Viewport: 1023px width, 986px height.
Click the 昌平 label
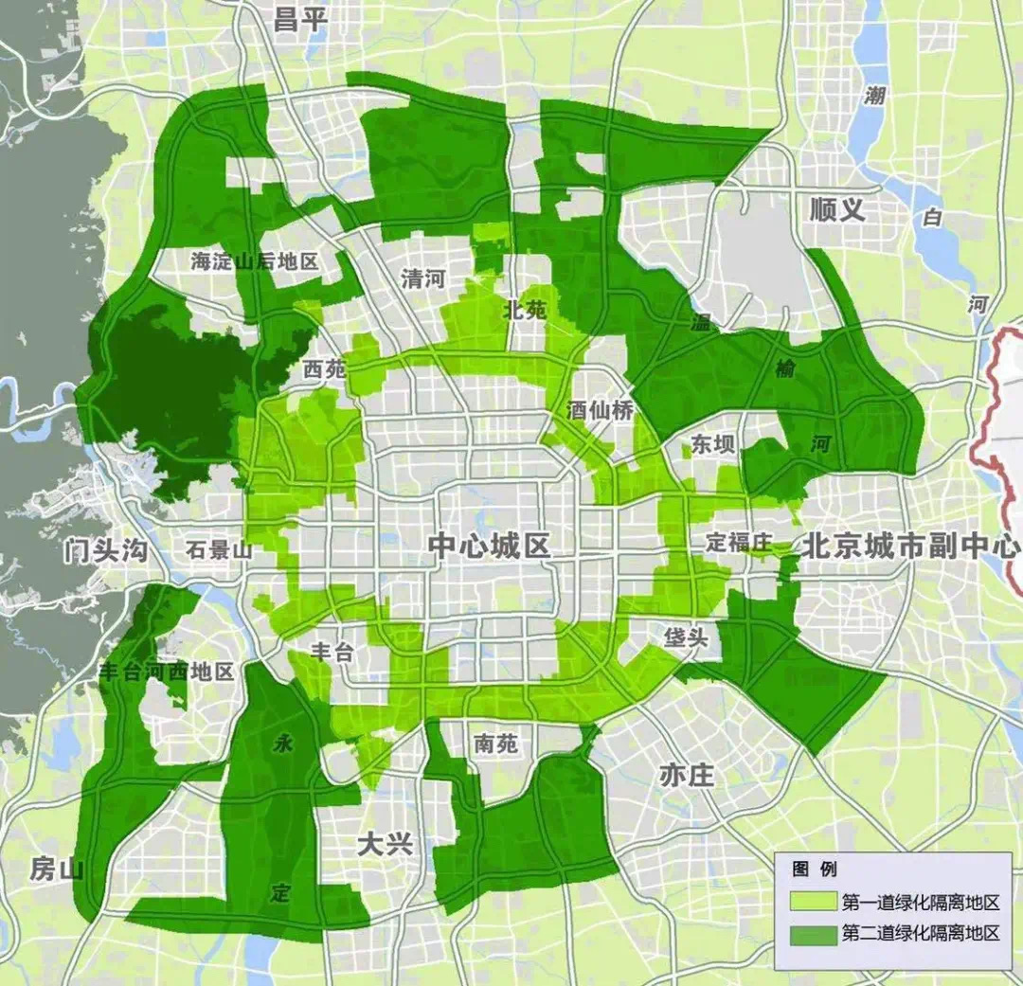pyautogui.click(x=299, y=20)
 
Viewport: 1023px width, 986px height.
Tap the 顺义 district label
pyautogui.click(x=837, y=209)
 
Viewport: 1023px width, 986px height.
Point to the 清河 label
pyautogui.click(x=423, y=278)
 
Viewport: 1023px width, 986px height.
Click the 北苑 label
pyautogui.click(x=525, y=309)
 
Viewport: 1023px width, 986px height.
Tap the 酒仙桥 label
pyautogui.click(x=601, y=410)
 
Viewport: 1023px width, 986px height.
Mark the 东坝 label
pyautogui.click(x=712, y=444)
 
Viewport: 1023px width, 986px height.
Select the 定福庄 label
pyautogui.click(x=740, y=543)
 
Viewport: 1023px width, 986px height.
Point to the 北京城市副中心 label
pyautogui.click(x=911, y=546)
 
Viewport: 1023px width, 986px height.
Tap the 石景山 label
pyautogui.click(x=219, y=549)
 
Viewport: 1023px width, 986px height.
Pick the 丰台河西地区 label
pyautogui.click(x=167, y=672)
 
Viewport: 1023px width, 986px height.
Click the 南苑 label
pyautogui.click(x=496, y=744)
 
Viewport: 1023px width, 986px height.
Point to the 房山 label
pyautogui.click(x=57, y=869)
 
